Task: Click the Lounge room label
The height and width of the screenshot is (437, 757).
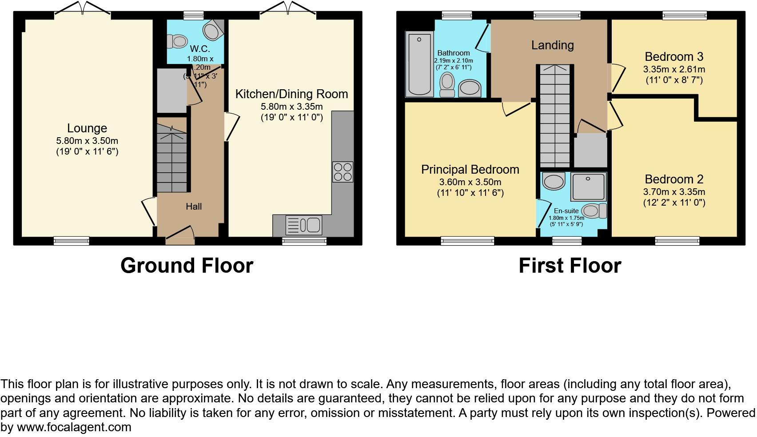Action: click(x=87, y=128)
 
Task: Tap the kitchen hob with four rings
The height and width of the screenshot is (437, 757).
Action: click(x=343, y=172)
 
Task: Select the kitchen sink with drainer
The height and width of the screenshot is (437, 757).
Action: click(x=304, y=225)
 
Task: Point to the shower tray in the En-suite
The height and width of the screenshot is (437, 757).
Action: click(x=588, y=187)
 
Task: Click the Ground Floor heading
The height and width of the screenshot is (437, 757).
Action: click(x=187, y=266)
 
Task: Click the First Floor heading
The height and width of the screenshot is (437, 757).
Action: click(x=570, y=266)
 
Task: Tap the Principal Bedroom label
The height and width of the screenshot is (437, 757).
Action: click(x=470, y=170)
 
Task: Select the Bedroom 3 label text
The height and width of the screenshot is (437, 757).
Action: click(x=674, y=57)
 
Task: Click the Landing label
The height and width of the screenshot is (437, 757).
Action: click(x=552, y=45)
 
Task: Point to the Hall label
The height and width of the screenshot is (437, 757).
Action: click(x=194, y=207)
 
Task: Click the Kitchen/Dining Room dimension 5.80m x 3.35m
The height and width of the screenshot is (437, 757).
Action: click(x=291, y=107)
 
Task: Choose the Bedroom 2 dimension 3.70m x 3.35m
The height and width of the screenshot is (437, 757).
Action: click(x=674, y=192)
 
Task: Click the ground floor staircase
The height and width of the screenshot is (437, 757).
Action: click(x=171, y=155)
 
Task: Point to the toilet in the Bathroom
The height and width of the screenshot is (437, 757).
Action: click(x=447, y=84)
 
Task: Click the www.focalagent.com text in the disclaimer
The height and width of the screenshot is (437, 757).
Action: click(x=74, y=427)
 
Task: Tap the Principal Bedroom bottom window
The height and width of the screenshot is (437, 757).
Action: click(x=467, y=241)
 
